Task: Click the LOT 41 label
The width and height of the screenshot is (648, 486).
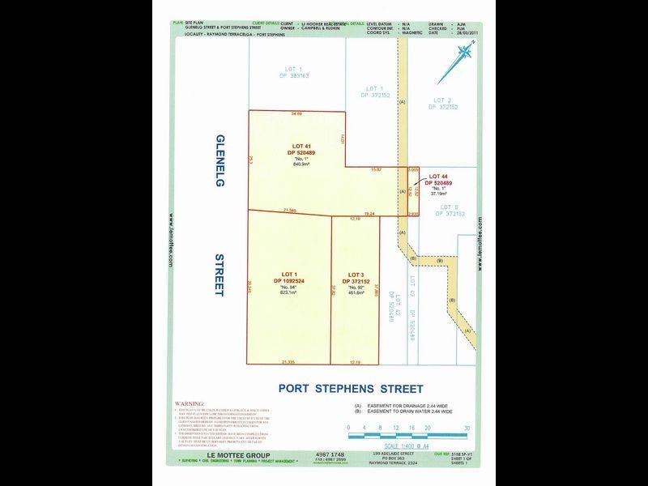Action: pos(301,146)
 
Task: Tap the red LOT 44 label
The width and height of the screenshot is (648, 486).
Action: pos(438,176)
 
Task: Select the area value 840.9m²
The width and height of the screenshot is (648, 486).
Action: pos(301,164)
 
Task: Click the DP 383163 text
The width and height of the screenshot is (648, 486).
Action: pos(292,75)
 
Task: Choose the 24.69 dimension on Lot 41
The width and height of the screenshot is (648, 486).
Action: pos(296,114)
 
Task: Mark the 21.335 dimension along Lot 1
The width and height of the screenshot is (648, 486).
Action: pos(289,362)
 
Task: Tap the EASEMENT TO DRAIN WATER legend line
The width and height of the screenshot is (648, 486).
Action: pos(410,412)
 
